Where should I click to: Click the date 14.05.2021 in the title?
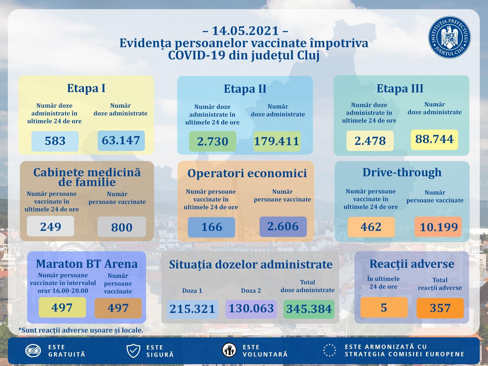point(245,31)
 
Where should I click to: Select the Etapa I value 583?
point(55,141)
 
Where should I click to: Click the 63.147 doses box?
point(121,141)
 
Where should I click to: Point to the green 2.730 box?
point(213,142)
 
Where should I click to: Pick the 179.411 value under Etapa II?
point(277,142)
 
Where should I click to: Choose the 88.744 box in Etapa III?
point(434,139)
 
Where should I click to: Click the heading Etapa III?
point(400,88)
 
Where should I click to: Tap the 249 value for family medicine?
point(50,226)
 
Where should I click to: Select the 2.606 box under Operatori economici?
point(283,227)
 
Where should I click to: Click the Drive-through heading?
point(402,172)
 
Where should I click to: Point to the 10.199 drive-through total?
point(439,227)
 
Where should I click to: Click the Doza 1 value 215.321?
point(192,309)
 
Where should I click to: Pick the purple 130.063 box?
point(251,309)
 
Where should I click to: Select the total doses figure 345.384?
point(309,309)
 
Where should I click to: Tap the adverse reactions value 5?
point(384,307)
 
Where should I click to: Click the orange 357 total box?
point(440,308)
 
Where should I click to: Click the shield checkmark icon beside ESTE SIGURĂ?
point(133,351)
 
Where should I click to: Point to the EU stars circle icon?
point(330,350)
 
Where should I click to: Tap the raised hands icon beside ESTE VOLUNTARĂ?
point(229,350)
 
